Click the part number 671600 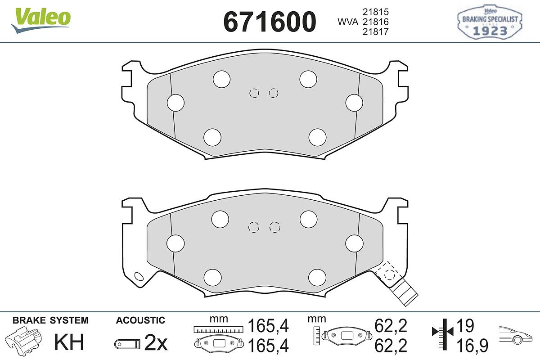click(270, 22)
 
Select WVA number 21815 click(376, 12)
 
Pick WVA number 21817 click(376, 31)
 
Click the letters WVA click(348, 22)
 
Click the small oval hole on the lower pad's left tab click(139, 276)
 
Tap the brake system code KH click(69, 342)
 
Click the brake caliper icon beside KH click(23, 340)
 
